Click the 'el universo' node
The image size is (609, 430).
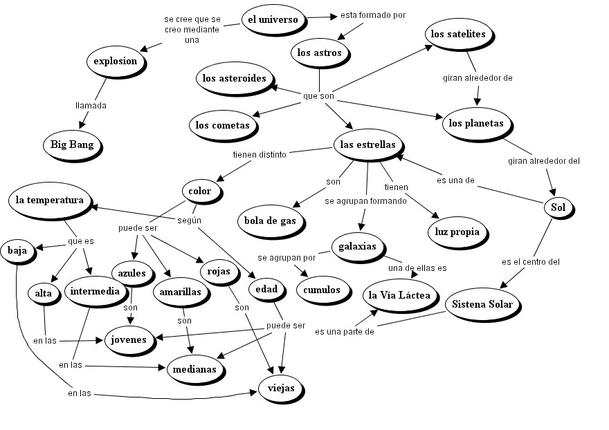coord(273,19)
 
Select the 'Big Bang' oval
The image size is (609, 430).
coord(72,145)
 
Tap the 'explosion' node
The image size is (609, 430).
coord(116,61)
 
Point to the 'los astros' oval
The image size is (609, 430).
coord(319,53)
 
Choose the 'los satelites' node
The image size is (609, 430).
coord(457,34)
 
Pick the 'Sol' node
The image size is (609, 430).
coord(558,207)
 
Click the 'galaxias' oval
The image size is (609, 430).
coord(358,246)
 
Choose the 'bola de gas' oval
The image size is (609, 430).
coord(270,221)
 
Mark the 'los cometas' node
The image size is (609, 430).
coord(222,125)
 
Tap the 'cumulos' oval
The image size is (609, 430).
coord(322,289)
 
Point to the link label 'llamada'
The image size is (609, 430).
coord(91,106)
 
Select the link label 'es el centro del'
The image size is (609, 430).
coord(531,262)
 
